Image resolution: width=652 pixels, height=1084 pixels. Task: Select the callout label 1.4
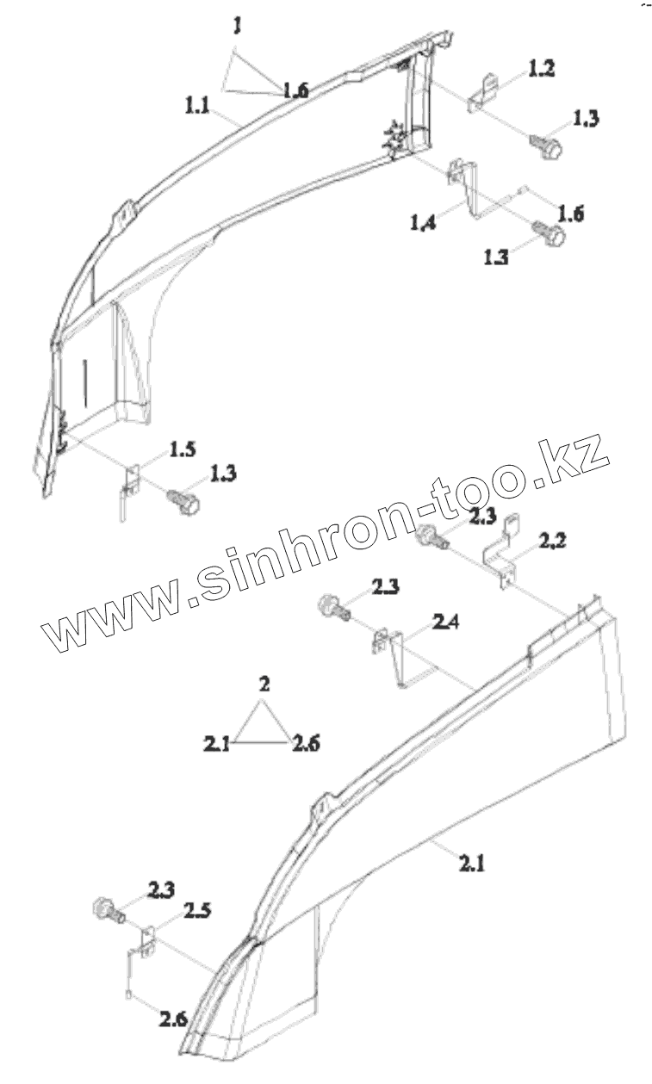424,224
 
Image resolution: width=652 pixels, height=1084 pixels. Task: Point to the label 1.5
182,449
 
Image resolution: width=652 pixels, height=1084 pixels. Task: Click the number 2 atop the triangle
264,684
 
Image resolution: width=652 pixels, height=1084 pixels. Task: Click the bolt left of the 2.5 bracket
105,909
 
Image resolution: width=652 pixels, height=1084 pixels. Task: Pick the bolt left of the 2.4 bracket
333,608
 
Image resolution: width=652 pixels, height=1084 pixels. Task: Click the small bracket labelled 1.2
483,93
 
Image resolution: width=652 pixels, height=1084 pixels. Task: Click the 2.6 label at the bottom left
173,1020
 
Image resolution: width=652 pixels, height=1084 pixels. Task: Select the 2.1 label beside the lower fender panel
470,862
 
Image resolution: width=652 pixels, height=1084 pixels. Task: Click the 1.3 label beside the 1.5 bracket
221,474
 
